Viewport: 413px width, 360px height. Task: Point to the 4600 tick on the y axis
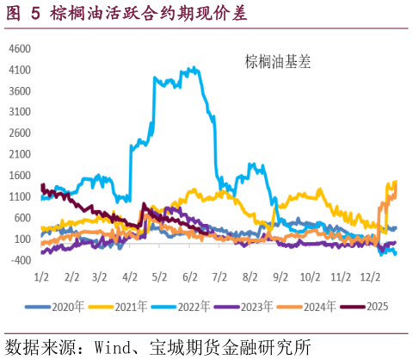20,48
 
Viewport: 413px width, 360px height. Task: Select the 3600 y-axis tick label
20,90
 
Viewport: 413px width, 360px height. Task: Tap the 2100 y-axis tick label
20,154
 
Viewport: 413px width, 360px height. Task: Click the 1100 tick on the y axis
20,196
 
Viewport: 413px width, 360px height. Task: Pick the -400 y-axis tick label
20,260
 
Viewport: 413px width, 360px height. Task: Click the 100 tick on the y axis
22,239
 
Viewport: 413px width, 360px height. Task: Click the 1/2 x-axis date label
41,277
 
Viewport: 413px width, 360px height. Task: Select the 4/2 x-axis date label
131,277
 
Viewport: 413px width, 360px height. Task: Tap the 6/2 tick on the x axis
191,277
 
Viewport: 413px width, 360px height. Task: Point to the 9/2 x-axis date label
280,277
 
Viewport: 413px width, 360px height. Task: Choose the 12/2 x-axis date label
371,277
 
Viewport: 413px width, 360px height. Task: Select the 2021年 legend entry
120,306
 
